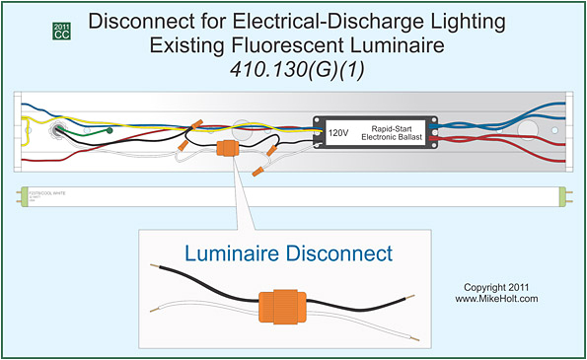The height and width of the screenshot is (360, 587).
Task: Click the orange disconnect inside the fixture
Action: pyautogui.click(x=225, y=151)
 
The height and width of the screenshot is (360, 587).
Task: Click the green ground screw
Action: pyautogui.click(x=109, y=128)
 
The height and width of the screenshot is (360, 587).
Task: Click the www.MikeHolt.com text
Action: pyautogui.click(x=496, y=298)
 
